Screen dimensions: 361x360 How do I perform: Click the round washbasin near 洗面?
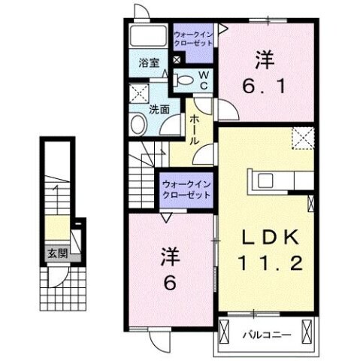click(139, 125)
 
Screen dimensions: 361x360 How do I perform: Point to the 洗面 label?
click(157, 109)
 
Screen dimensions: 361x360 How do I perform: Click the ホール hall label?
click(194, 129)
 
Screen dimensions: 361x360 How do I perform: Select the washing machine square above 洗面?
click(138, 95)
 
